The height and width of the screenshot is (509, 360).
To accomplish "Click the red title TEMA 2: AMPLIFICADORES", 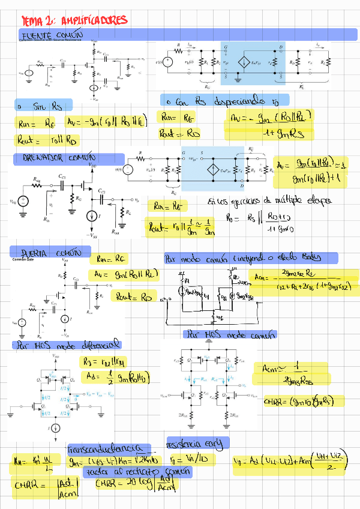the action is (x=74, y=21).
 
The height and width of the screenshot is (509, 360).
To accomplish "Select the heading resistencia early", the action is (x=197, y=444).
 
